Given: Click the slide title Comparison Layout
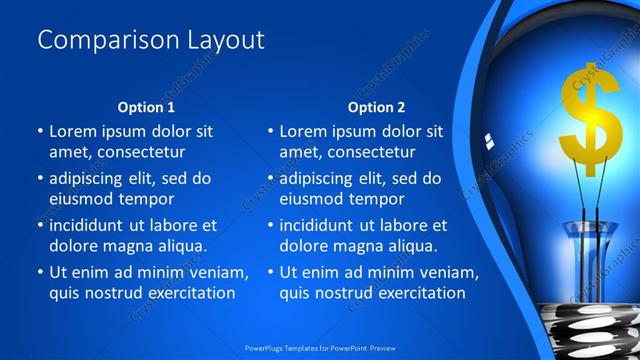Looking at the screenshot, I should [151, 40].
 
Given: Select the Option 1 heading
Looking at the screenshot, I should [146, 106].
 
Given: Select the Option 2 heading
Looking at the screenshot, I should [377, 106].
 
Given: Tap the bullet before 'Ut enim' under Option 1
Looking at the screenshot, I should [40, 272].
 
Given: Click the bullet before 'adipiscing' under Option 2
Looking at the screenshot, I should [270, 179].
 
